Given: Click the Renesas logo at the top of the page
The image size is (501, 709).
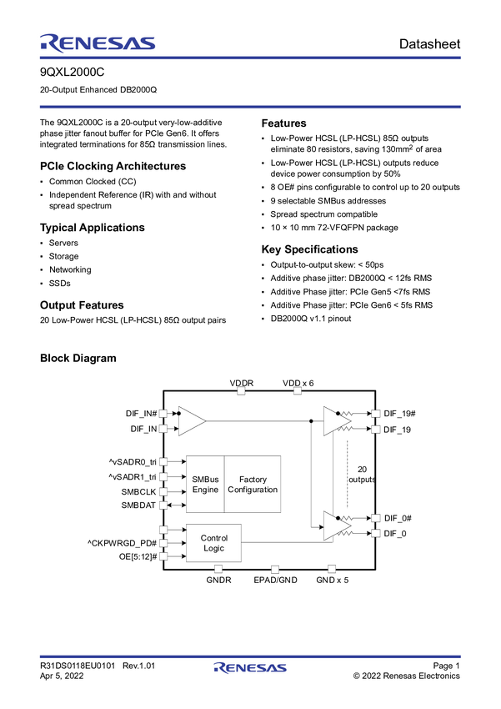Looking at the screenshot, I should click(97, 43).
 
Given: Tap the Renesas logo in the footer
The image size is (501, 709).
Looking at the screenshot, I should click(250, 668).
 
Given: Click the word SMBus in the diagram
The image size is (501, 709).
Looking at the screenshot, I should click(205, 480).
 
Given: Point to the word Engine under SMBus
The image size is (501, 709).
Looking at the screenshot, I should click(205, 490).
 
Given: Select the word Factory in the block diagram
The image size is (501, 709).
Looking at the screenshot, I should click(253, 480).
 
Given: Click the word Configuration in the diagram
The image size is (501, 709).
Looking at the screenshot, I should click(253, 490).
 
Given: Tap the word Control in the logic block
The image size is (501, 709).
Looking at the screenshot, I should click(214, 538).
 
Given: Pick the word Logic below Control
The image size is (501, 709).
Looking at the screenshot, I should click(214, 548).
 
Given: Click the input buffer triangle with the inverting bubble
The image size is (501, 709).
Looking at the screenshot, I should click(191, 421).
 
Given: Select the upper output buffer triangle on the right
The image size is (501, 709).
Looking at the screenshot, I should click(336, 421).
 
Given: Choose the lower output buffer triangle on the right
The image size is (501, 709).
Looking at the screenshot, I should click(336, 525).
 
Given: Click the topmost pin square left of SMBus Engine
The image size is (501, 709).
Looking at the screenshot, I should click(164, 461).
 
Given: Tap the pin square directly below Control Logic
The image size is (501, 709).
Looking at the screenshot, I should click(218, 569).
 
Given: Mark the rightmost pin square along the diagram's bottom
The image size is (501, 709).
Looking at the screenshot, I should click(331, 568).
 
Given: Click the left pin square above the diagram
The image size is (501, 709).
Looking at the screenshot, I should click(242, 390).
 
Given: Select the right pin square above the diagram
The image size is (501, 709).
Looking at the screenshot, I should click(297, 390).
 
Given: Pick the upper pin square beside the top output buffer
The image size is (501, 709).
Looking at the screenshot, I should click(376, 414).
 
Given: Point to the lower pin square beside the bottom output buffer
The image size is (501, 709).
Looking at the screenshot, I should click(376, 532).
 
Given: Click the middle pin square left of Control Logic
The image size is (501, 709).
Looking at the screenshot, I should click(164, 543).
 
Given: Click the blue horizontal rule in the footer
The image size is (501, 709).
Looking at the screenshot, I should click(250, 654).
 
